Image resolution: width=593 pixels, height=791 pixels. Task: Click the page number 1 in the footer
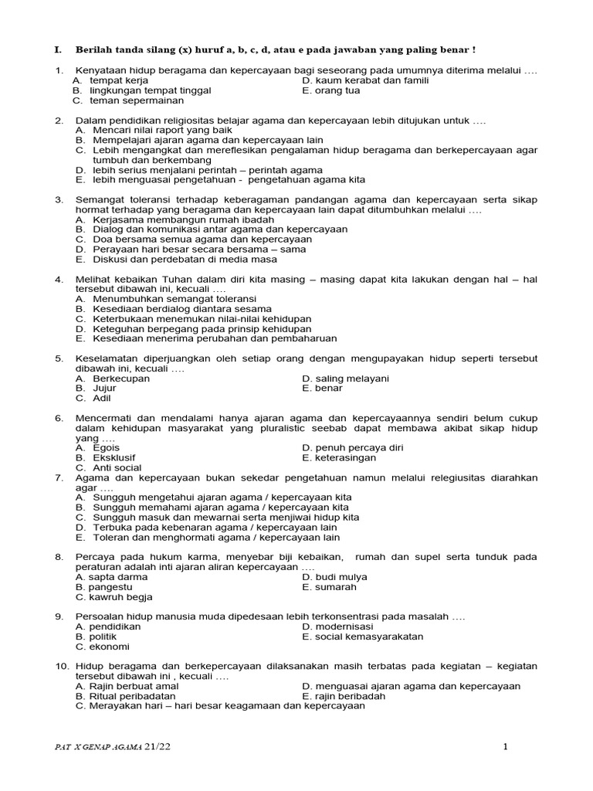pyautogui.click(x=506, y=746)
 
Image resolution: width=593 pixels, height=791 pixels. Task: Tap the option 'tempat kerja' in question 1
pyautogui.click(x=119, y=80)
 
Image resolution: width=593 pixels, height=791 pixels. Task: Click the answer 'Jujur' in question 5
pyautogui.click(x=104, y=389)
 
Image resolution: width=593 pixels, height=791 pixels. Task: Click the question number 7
pyautogui.click(x=59, y=478)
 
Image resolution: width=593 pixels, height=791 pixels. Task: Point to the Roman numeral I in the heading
pyautogui.click(x=56, y=50)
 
